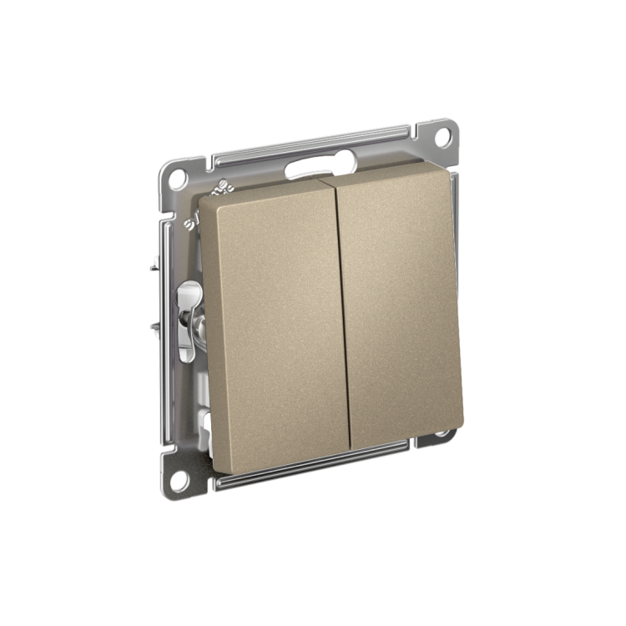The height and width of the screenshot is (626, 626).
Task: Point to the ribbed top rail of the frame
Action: pyautogui.click(x=309, y=142)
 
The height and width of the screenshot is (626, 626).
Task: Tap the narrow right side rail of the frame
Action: pyautogui.click(x=456, y=284)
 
